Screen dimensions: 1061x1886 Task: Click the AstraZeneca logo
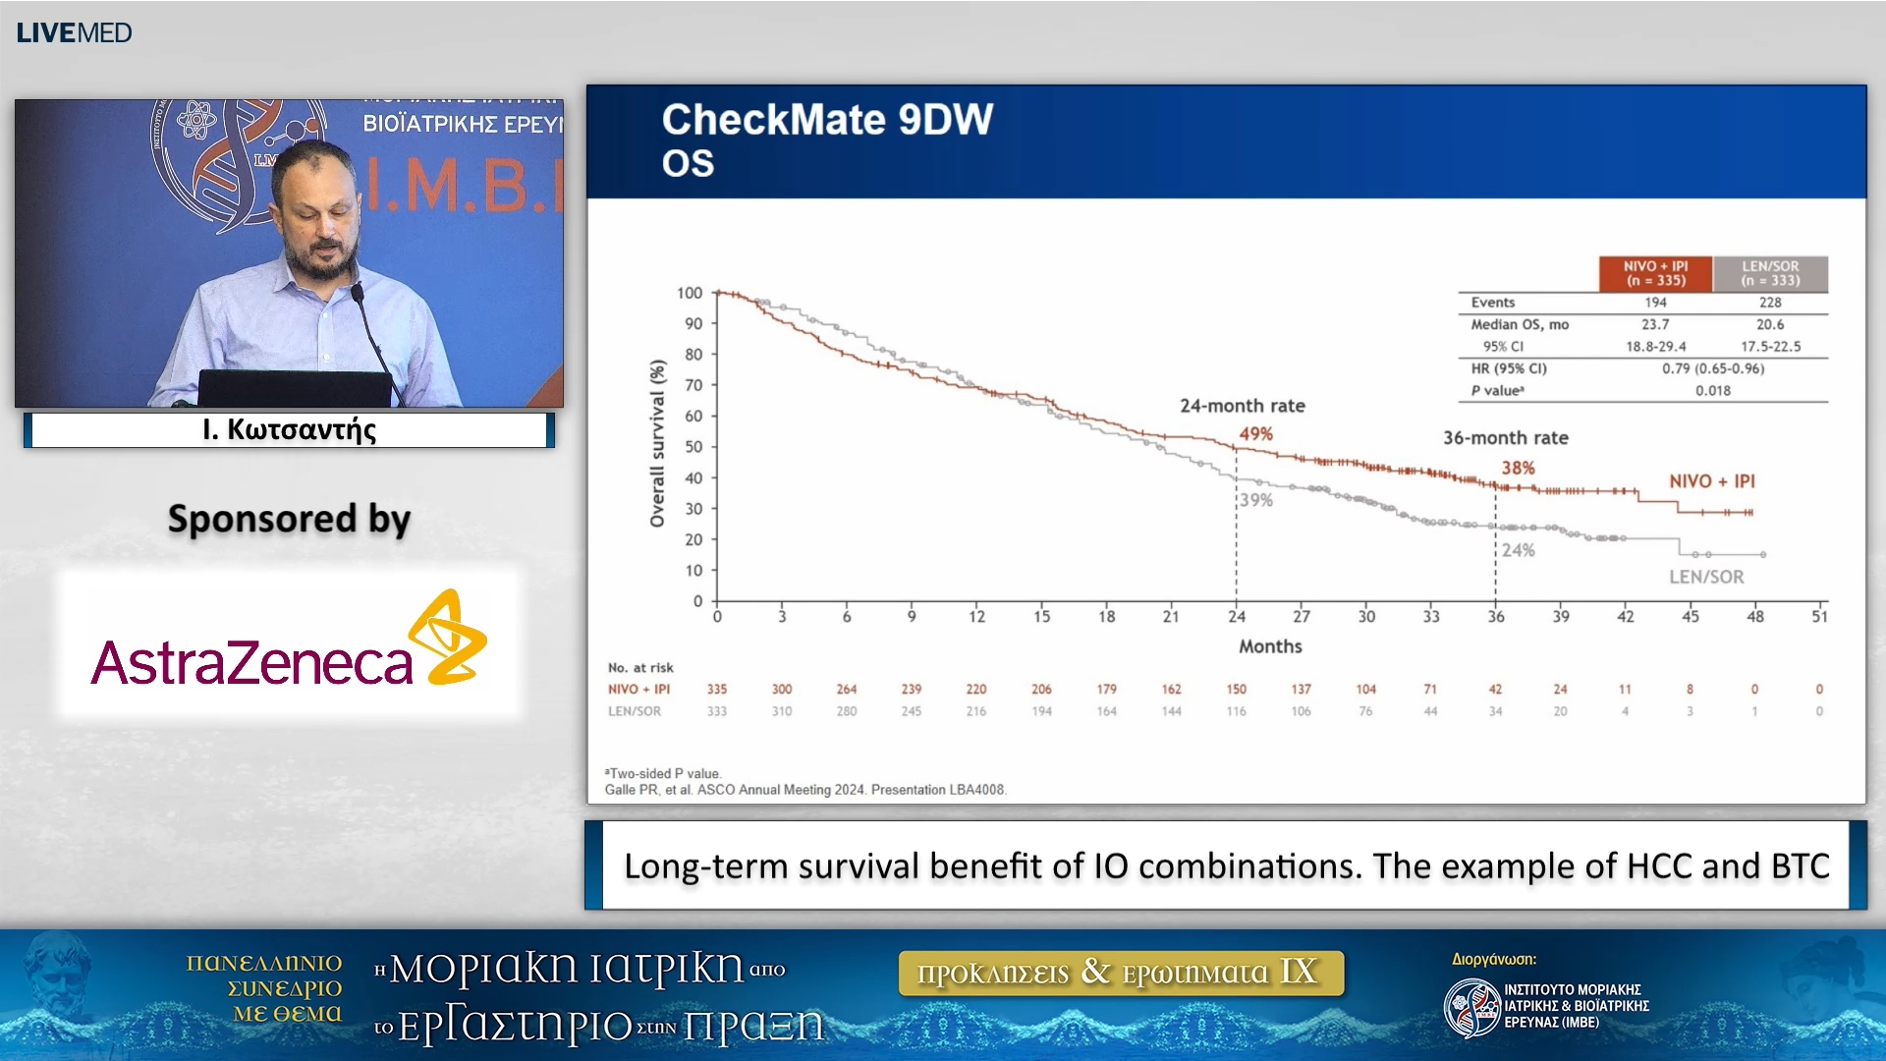289,644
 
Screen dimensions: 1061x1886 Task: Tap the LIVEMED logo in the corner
74,32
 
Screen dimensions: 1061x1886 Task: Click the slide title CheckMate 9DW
827,120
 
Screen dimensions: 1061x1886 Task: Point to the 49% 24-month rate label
1255,434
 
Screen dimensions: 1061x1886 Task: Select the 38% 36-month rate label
1518,469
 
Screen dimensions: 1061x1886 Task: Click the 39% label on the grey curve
1255,500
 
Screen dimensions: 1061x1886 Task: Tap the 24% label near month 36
1518,550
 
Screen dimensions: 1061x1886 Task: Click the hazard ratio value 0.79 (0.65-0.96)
1713,368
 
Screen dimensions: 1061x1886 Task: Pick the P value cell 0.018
1713,390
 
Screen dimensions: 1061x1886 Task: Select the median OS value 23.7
1655,324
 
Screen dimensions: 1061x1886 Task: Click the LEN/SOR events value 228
1770,303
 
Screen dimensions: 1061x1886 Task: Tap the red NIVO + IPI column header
1655,273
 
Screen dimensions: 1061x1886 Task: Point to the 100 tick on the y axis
690,293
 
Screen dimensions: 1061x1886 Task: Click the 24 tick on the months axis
1236,617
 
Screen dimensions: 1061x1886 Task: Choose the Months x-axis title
1270,646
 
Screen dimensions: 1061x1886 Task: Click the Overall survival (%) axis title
657,443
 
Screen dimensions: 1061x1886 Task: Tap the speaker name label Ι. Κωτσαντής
289,430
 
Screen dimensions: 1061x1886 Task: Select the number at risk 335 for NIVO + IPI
717,690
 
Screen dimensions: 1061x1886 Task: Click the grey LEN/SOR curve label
1706,577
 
